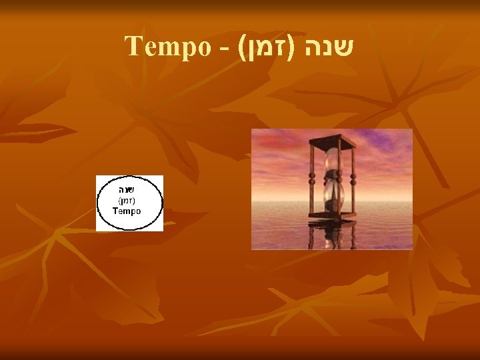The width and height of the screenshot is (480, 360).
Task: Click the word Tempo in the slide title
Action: click(x=166, y=46)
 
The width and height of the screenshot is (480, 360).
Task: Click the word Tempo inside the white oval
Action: click(x=127, y=211)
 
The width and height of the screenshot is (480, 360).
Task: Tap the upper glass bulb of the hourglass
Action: click(x=332, y=161)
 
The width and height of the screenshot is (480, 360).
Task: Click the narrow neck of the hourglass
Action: click(x=332, y=178)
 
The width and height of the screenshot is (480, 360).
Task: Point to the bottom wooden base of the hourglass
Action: click(x=332, y=215)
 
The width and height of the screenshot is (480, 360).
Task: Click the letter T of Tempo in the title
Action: click(x=131, y=46)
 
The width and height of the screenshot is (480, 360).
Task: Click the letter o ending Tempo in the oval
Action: click(x=137, y=211)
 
